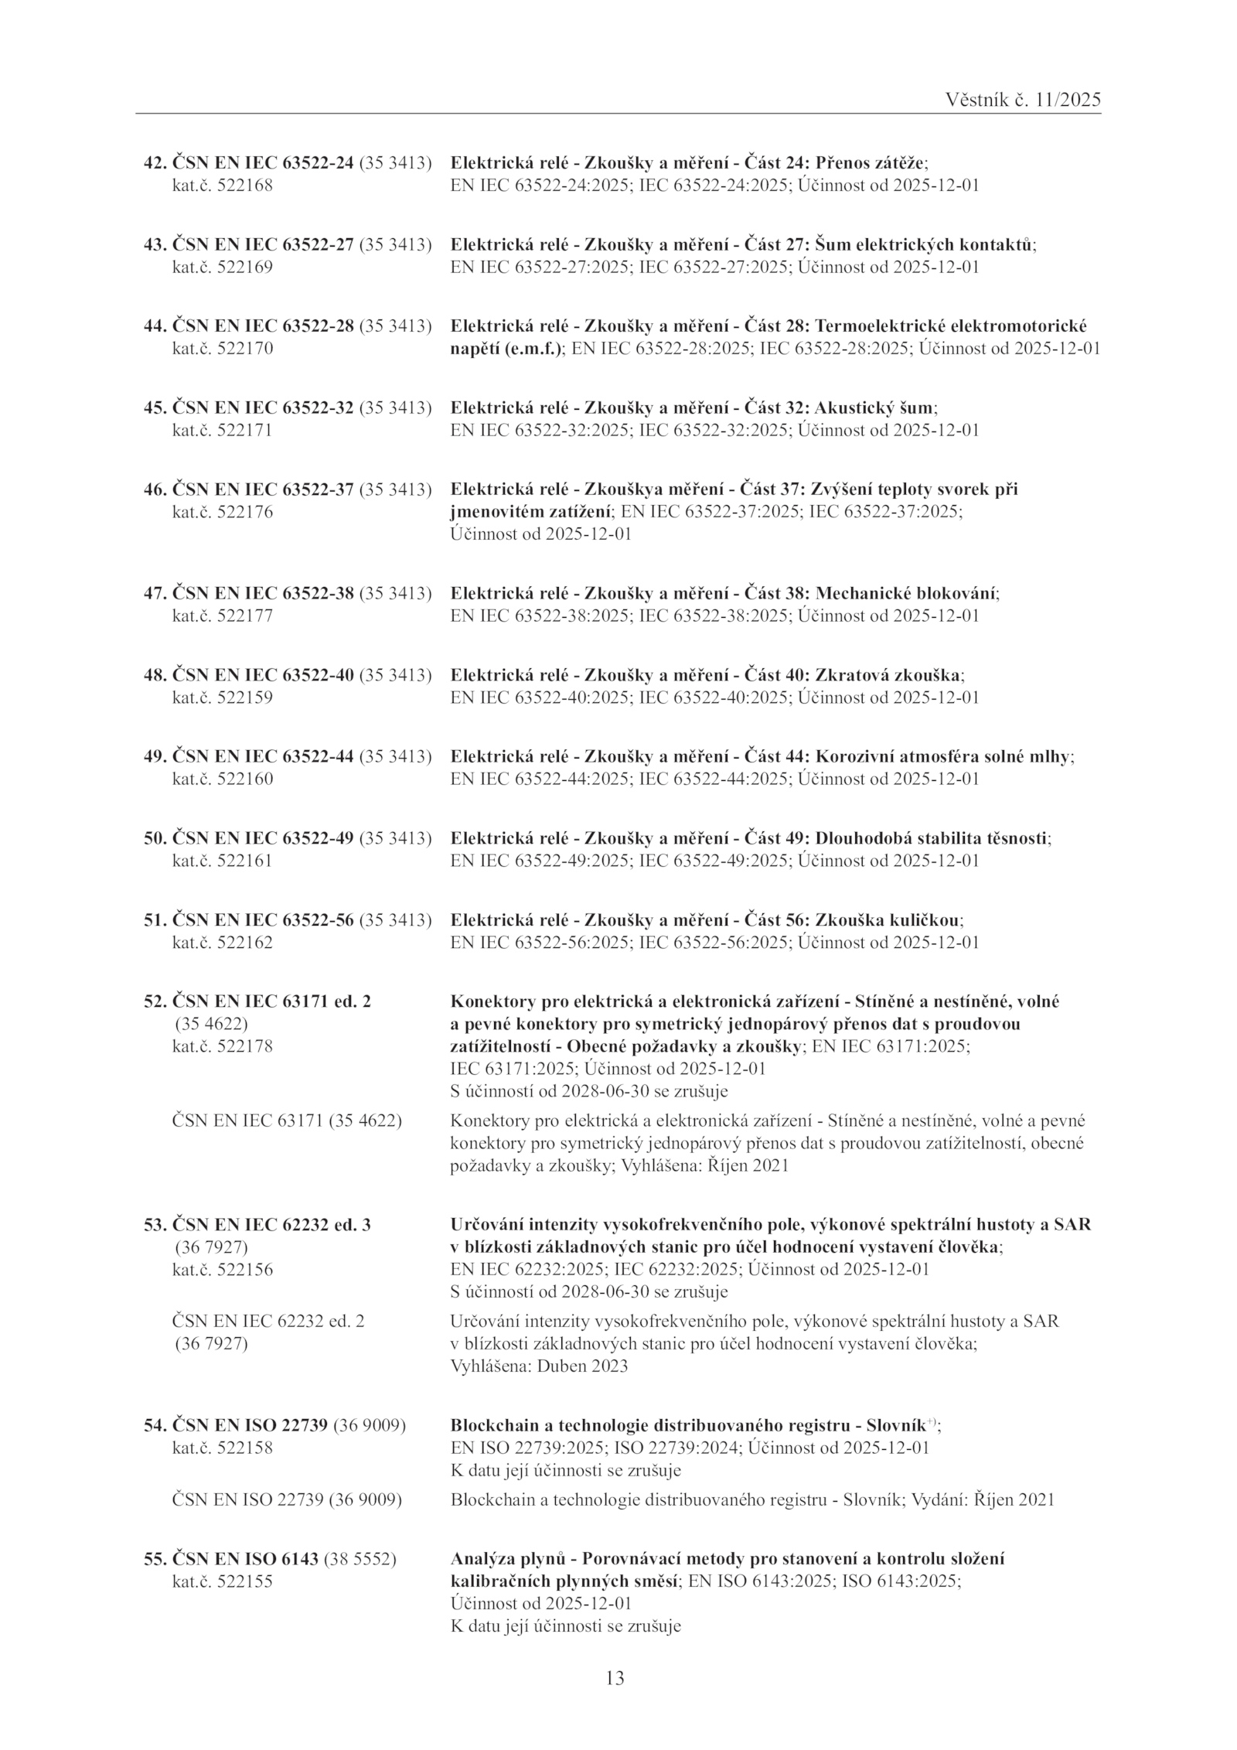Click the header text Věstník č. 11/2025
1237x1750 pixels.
click(1023, 100)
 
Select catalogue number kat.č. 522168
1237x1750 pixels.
click(222, 186)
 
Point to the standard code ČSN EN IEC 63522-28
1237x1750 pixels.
click(263, 326)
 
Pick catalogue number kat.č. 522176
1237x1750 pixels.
click(222, 512)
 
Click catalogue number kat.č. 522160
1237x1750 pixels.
click(222, 779)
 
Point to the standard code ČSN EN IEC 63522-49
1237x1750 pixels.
click(263, 838)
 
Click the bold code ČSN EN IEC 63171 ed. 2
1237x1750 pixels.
click(271, 1001)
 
